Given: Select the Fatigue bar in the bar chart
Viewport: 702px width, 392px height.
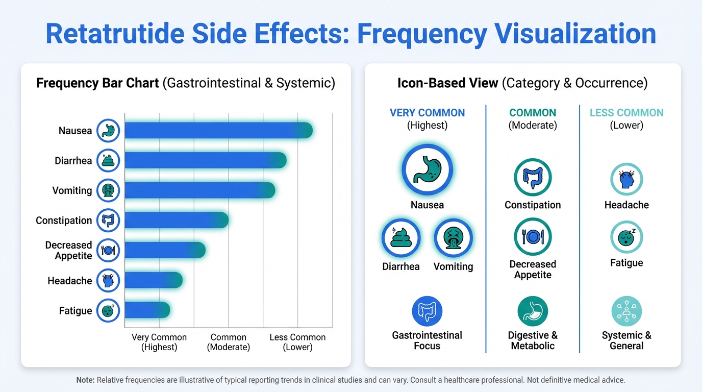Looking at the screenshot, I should [x=147, y=310].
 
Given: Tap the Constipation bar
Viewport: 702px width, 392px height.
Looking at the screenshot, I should [x=177, y=220].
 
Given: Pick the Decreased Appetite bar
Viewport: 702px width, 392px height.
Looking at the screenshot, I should [x=165, y=250].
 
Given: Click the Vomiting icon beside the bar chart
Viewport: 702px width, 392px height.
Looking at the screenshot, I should [x=108, y=190].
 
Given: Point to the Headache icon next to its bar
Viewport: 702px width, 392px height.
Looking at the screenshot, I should [x=108, y=280].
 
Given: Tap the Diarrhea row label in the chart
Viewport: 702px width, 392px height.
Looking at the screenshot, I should [x=73, y=161].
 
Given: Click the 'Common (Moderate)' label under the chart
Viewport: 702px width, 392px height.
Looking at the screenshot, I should [x=229, y=342].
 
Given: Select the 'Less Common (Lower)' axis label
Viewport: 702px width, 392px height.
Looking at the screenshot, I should [x=297, y=342].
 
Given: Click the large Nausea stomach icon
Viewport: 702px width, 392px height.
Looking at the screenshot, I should [x=427, y=170].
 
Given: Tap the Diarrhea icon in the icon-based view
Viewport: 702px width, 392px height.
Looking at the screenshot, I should [x=401, y=238].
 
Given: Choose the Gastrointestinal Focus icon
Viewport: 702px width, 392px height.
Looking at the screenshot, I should [x=427, y=311].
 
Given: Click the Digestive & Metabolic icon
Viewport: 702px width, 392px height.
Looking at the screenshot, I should [x=533, y=311].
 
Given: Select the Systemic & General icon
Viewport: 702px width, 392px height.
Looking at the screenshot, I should [x=626, y=311].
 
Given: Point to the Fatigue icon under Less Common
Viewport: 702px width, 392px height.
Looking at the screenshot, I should [x=626, y=237].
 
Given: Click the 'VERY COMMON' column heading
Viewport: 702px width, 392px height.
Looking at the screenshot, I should [x=427, y=113].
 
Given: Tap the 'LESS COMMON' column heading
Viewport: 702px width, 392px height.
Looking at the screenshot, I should [x=626, y=113].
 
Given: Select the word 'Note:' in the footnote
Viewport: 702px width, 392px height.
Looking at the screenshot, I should [x=85, y=380].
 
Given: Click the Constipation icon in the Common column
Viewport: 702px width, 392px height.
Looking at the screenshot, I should [x=533, y=178].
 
